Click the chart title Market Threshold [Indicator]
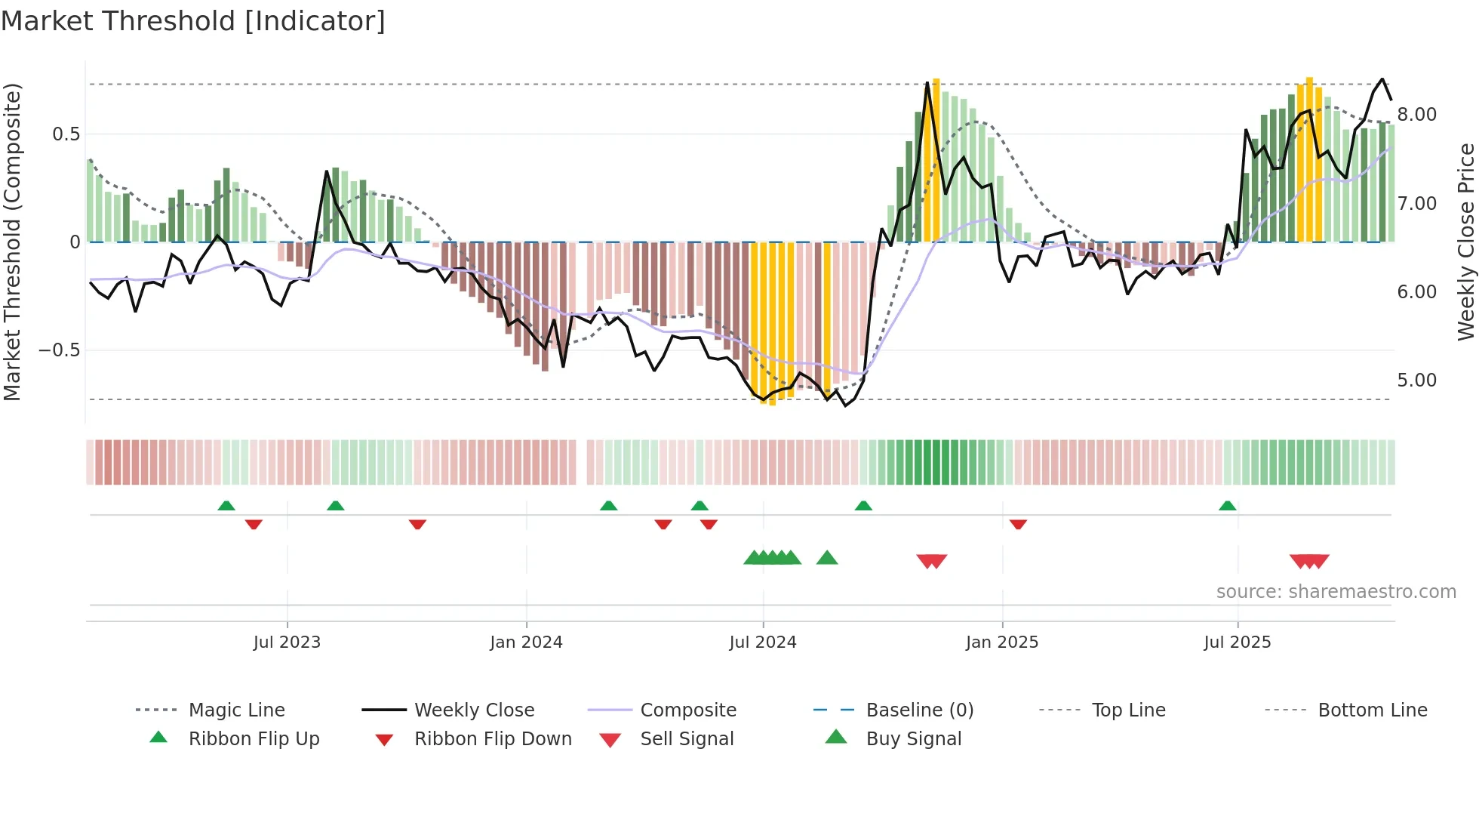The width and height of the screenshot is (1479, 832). click(193, 21)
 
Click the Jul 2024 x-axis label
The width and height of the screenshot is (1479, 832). click(762, 642)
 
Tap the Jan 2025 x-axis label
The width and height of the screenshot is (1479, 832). click(1001, 642)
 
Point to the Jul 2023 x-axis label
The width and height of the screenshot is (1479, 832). click(287, 642)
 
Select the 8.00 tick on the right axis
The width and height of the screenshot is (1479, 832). click(1416, 115)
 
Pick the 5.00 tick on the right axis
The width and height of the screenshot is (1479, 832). click(1416, 381)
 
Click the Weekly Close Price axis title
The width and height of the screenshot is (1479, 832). click(1465, 242)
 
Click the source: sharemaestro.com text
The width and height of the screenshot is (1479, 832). click(1336, 592)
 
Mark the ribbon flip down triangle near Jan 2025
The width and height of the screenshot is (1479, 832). click(1018, 524)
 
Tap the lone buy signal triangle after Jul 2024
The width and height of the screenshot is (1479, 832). click(827, 558)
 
